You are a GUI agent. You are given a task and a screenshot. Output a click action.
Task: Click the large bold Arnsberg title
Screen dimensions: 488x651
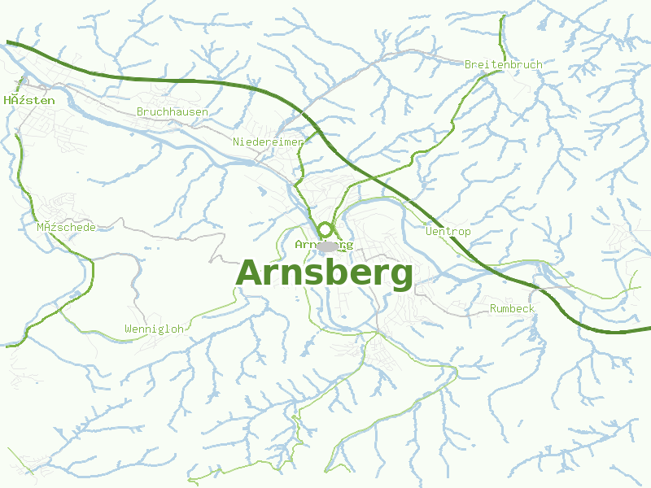[324, 273]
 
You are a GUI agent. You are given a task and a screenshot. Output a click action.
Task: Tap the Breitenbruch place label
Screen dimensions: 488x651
[503, 64]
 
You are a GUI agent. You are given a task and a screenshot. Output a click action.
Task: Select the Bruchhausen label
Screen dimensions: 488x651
[173, 111]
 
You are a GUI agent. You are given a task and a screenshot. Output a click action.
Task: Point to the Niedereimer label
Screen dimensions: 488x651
[268, 142]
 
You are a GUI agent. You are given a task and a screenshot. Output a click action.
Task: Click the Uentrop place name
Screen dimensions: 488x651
[448, 232]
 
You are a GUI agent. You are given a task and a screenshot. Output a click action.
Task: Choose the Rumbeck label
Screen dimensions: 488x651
[512, 309]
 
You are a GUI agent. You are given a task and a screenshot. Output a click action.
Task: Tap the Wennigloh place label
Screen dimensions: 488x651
[154, 329]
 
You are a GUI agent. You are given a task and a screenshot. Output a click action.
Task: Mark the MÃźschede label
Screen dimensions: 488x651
[66, 227]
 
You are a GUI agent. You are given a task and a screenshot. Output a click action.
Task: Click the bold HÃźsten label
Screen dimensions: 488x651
[29, 101]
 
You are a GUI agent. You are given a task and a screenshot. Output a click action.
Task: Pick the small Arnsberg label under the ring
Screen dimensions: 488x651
[324, 244]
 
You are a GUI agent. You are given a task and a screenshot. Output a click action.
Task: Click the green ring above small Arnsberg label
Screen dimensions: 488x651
[325, 230]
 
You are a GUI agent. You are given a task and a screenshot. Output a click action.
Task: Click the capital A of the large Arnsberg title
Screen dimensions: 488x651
[250, 273]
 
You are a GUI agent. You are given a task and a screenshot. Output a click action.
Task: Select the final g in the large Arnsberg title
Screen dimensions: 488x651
[400, 277]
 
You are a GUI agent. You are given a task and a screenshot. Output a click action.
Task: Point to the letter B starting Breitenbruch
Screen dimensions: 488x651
[468, 64]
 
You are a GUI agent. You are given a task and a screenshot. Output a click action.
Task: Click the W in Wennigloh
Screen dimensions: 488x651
[129, 329]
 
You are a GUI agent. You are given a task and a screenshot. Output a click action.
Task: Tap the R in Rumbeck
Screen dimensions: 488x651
[493, 309]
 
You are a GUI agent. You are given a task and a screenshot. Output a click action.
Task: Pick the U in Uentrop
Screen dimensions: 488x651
[429, 232]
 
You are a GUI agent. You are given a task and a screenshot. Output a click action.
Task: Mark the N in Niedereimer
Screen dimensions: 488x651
[237, 142]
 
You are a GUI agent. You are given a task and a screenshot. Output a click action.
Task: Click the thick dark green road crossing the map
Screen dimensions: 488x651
[203, 81]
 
